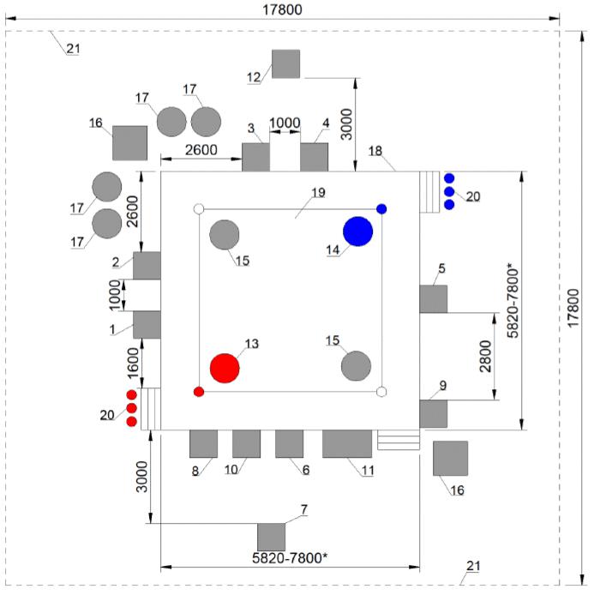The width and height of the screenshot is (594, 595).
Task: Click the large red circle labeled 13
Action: [225, 368]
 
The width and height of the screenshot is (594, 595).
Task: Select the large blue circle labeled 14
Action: [357, 231]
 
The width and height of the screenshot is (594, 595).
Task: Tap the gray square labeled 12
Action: [286, 63]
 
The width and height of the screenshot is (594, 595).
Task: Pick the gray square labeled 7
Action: [271, 537]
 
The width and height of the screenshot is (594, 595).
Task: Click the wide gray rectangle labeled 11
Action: [347, 443]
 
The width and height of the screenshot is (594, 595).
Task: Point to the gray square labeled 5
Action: [434, 299]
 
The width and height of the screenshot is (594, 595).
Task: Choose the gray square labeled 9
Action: [434, 413]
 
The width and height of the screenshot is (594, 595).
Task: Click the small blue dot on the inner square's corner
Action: [381, 209]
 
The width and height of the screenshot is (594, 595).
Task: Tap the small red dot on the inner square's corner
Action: [199, 392]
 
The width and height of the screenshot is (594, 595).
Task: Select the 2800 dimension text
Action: [485, 357]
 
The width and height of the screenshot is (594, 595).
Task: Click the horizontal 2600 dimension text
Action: [201, 150]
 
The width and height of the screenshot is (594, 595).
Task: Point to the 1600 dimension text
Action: [133, 364]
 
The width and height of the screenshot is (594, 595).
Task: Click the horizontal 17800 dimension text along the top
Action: [283, 9]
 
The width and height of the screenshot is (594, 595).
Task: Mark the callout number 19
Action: [319, 192]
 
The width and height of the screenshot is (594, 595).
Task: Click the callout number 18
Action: [375, 151]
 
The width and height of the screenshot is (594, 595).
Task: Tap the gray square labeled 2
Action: [147, 266]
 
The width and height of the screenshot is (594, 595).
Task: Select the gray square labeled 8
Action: [204, 443]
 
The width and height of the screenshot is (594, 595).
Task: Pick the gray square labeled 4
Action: [314, 157]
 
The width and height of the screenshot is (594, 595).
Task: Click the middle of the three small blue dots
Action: [449, 191]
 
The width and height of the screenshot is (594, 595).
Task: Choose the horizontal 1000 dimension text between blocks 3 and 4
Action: [285, 123]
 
